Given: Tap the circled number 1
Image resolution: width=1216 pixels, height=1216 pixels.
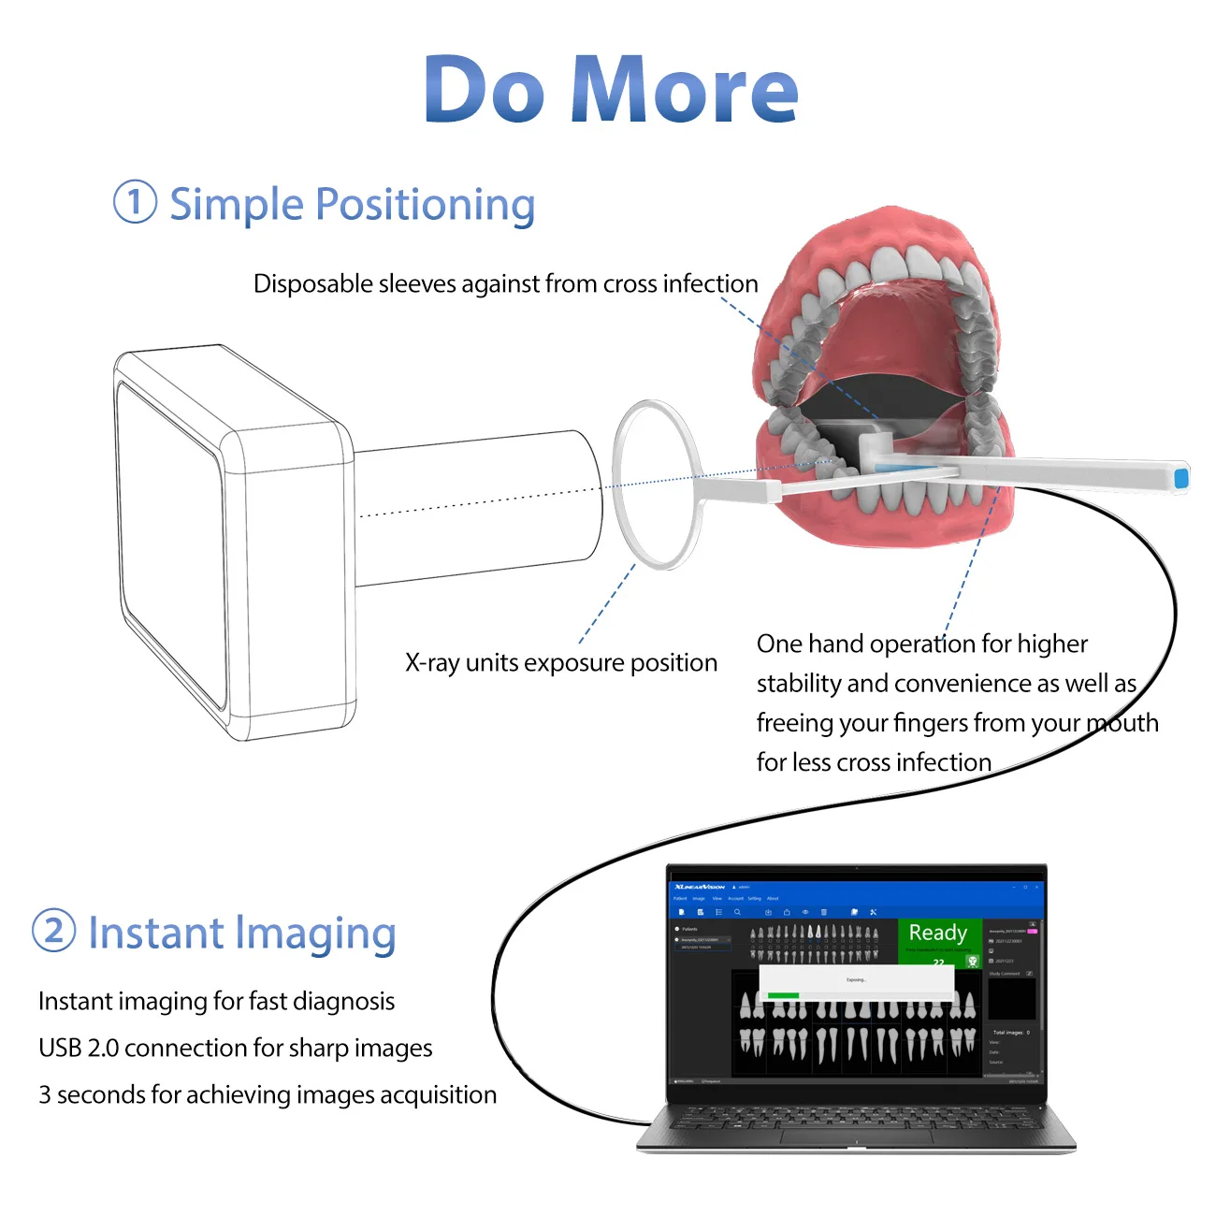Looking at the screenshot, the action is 135,202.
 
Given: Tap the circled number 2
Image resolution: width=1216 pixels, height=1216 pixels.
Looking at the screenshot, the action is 53,931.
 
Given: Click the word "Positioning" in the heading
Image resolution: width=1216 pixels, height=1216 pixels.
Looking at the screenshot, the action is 426,205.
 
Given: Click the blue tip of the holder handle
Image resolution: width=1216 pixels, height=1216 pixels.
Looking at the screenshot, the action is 1180,478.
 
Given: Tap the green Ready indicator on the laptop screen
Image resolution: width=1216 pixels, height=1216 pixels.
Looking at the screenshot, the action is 938,933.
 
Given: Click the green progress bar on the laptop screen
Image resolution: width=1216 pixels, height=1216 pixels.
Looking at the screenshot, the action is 783,995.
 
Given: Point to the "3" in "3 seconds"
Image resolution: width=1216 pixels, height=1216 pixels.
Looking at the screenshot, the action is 44,1094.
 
